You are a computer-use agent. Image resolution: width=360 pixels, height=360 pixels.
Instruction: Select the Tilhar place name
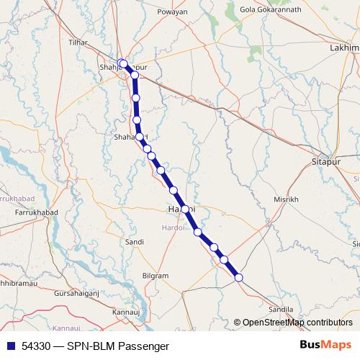pos(78,42)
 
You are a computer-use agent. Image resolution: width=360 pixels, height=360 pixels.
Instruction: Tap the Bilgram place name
pos(156,276)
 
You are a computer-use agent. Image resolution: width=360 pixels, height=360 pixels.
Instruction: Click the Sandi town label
pos(134,242)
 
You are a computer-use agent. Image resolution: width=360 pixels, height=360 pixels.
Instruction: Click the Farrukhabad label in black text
pos(32,213)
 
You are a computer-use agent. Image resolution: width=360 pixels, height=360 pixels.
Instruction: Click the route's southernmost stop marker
pos(239,277)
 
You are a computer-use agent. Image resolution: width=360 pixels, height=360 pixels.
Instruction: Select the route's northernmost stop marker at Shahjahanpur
pos(123,63)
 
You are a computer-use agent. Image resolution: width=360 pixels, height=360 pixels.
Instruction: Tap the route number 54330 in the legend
pos(36,346)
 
